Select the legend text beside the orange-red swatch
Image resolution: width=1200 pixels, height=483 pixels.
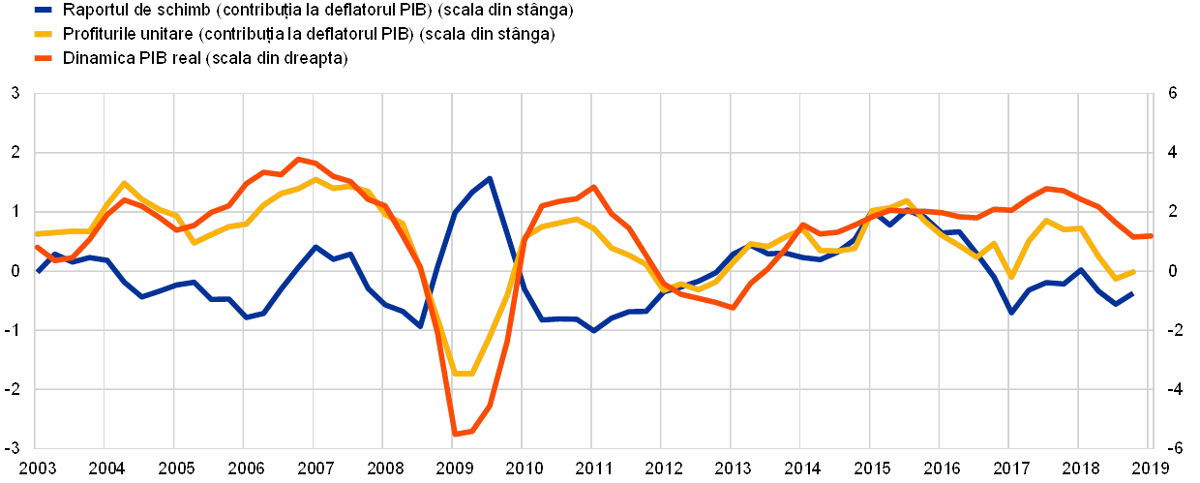(207, 58)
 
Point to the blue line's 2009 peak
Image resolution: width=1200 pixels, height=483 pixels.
(490, 178)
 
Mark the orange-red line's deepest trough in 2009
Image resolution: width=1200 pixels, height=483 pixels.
(454, 434)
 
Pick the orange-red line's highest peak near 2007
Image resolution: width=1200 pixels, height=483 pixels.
(299, 158)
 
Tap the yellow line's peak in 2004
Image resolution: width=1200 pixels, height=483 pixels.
(124, 183)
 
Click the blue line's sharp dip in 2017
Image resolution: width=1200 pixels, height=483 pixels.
(1011, 313)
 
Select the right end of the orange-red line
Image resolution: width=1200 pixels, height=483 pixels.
(1150, 235)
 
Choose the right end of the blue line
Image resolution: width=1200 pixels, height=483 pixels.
(1133, 292)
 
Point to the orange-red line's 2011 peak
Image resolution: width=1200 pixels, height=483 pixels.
(593, 186)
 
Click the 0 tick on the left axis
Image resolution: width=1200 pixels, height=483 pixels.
(15, 271)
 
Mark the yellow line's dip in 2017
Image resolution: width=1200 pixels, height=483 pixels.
(1011, 278)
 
